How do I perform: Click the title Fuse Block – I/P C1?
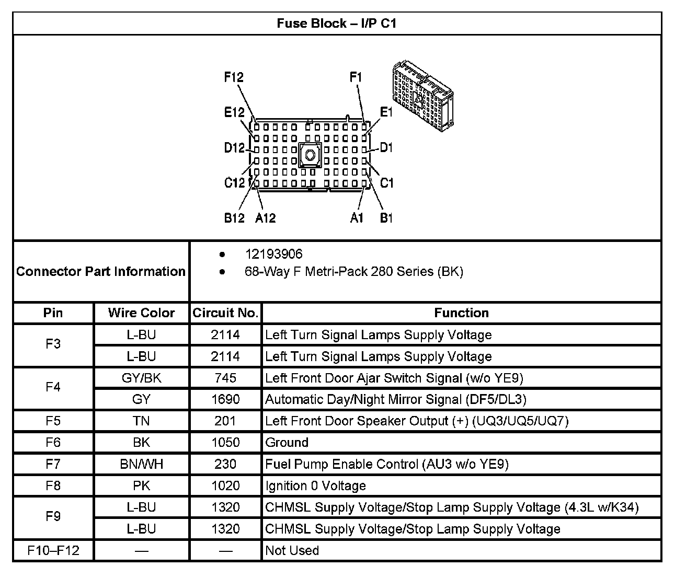[x=337, y=24]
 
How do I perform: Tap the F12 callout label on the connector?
[x=234, y=77]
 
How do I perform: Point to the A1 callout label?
[x=356, y=217]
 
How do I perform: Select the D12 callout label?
[x=234, y=148]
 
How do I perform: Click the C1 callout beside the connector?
[x=386, y=183]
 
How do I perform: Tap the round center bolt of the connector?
[x=310, y=155]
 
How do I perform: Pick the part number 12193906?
[x=273, y=254]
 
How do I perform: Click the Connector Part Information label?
[x=101, y=271]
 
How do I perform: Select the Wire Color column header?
[x=141, y=313]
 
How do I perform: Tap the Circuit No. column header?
[x=225, y=313]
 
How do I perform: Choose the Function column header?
[x=461, y=313]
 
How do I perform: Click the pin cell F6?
[x=53, y=443]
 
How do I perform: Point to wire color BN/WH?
[x=141, y=464]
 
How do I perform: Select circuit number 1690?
[x=225, y=400]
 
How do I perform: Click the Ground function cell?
[x=287, y=443]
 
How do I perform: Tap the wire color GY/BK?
[x=141, y=378]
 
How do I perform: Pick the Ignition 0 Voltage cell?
[x=315, y=485]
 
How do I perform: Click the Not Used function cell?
[x=292, y=550]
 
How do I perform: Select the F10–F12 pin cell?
[x=53, y=550]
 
